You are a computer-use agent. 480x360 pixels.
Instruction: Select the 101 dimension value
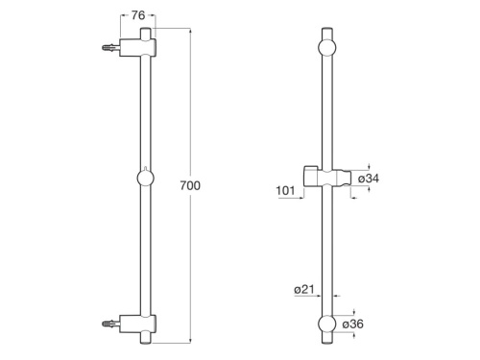(285, 190)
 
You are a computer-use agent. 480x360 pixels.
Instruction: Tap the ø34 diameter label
(372, 179)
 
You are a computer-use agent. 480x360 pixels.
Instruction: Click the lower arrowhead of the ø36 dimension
(354, 338)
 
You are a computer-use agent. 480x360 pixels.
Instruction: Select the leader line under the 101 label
(288, 199)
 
